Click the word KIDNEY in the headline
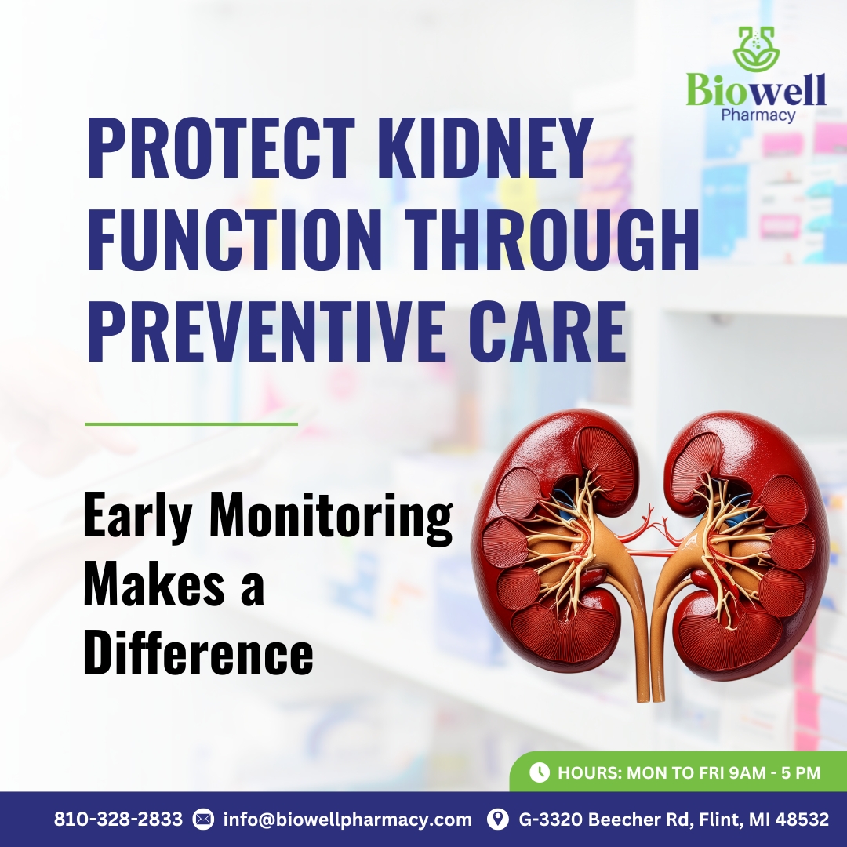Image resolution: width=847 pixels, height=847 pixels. point(482,147)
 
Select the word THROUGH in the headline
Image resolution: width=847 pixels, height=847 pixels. point(552,238)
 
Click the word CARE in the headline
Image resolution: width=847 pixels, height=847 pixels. point(547,331)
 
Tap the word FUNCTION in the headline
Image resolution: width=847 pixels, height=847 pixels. point(234,238)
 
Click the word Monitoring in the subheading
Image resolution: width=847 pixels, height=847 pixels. point(331,517)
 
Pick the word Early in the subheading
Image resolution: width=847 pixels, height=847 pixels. point(137,517)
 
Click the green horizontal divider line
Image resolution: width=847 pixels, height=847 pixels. point(191,424)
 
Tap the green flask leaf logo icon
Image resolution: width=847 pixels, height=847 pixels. point(756,49)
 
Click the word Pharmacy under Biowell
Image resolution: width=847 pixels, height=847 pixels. point(758,115)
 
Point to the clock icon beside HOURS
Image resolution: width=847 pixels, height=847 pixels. point(539,772)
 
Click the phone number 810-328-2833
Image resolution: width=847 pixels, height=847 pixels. point(118,819)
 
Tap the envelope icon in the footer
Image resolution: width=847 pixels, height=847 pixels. point(203,820)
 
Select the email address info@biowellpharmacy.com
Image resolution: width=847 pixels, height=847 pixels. point(347,820)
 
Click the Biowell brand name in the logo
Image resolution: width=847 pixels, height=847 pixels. point(756,89)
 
